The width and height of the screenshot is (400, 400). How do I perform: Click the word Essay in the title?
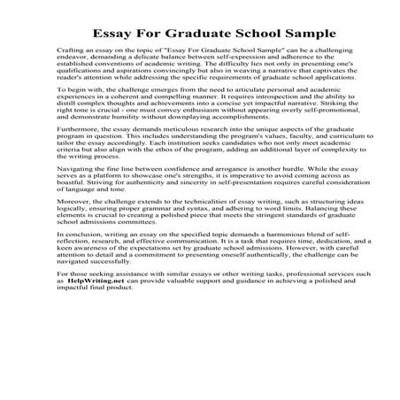(105, 33)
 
